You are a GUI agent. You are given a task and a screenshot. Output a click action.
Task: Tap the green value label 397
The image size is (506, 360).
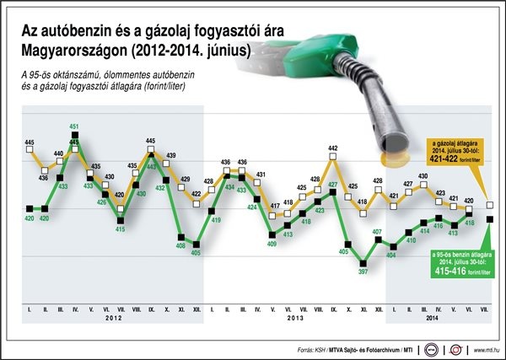click(363, 271)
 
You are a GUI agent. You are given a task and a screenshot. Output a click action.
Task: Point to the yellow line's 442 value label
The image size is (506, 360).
click(332, 148)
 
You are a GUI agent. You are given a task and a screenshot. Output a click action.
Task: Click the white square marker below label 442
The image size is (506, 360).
click(332, 159)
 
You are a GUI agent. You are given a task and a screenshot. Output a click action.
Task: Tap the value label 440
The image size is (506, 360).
click(59, 154)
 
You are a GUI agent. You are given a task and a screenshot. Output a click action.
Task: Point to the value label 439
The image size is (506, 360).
click(170, 156)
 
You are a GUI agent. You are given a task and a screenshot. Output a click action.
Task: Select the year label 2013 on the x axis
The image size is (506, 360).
click(294, 317)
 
